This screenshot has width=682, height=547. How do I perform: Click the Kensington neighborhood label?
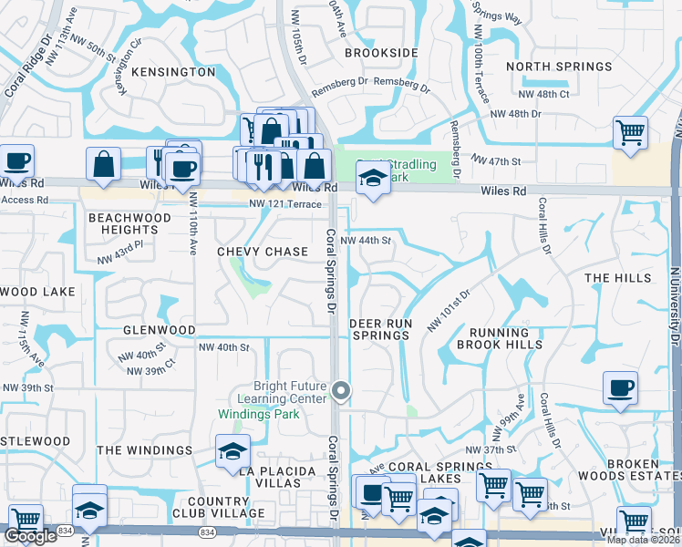[173, 72]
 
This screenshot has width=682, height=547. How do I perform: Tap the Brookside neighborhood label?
[380, 54]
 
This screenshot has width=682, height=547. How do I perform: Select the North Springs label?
[559, 67]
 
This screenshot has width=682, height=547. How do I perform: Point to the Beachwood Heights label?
[129, 224]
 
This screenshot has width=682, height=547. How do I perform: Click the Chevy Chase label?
[263, 252]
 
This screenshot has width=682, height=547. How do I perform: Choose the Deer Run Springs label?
[381, 329]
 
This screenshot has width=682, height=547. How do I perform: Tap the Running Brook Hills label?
[493, 339]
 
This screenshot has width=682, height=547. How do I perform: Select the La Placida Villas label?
[276, 471]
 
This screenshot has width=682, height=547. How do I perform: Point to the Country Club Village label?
[218, 507]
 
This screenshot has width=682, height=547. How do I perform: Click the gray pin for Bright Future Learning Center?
[342, 391]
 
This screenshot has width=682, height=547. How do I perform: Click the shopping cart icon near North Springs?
[630, 132]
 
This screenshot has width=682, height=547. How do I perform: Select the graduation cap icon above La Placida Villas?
[232, 450]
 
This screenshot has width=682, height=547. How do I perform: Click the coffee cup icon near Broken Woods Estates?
[620, 388]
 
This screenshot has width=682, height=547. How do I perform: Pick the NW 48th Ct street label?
[543, 94]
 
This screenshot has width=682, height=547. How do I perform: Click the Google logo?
[30, 537]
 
